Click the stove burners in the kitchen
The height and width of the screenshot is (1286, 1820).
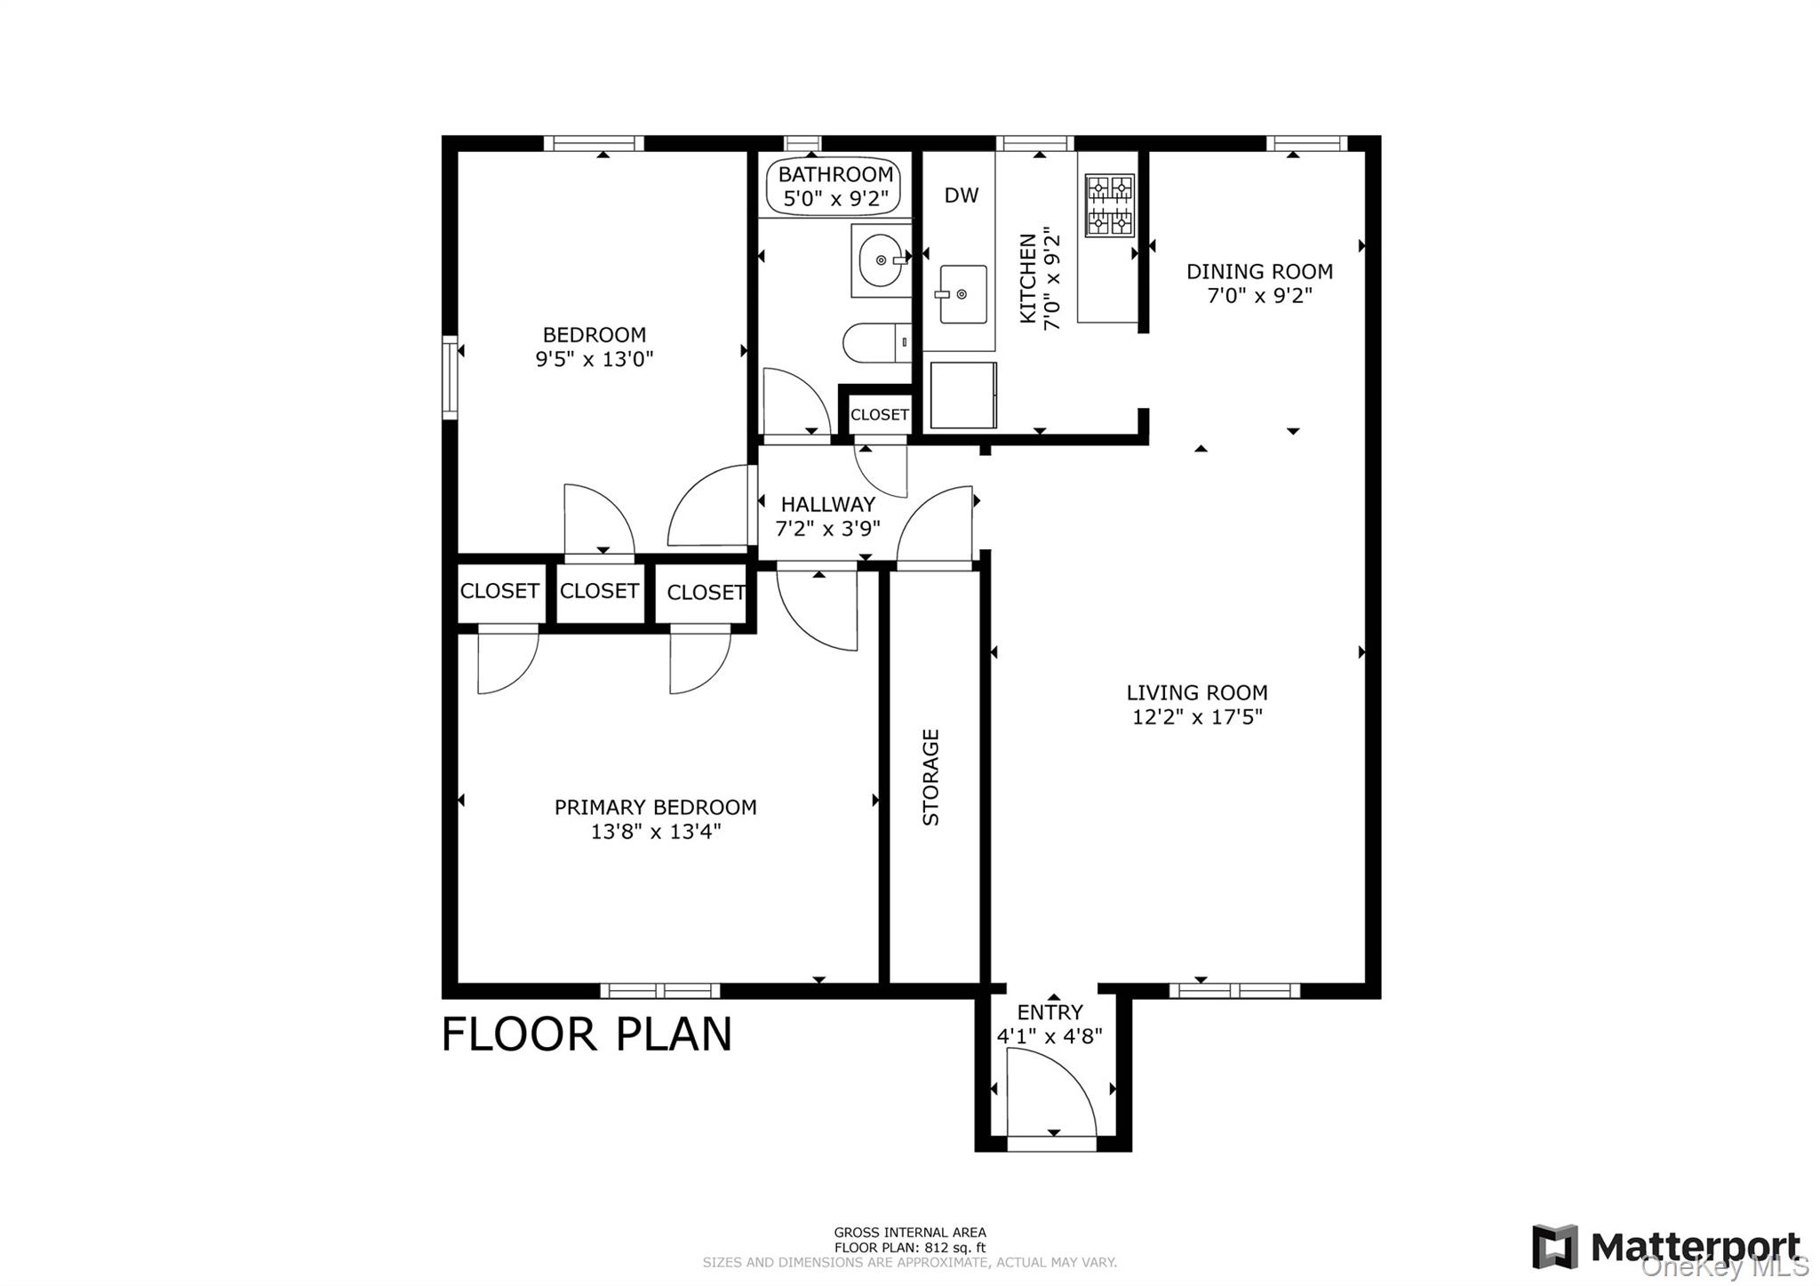point(1110,205)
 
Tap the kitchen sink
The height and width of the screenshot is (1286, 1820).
point(962,294)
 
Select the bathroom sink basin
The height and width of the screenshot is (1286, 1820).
point(882,260)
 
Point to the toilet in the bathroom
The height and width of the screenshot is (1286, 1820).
point(875,342)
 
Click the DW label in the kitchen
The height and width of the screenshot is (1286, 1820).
point(961,196)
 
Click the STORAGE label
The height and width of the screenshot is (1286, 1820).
point(930,777)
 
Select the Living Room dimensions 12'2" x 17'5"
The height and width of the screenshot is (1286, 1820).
point(1196,717)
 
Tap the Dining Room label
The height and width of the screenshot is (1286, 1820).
point(1258,272)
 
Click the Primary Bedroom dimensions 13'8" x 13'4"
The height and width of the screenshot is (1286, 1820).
point(655,832)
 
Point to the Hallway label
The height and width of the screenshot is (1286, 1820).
point(827,505)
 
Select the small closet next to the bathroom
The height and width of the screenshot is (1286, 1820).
point(879,414)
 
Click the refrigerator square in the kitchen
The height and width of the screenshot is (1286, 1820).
point(962,395)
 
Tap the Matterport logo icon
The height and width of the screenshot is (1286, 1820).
point(1554,1246)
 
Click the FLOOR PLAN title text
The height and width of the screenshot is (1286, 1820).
point(587,1034)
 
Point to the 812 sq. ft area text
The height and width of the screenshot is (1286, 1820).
point(909,1248)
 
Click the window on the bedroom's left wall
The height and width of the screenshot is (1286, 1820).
point(450,377)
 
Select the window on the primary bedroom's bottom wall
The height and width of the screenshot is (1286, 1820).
point(659,991)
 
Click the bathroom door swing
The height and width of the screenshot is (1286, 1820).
point(795,402)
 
